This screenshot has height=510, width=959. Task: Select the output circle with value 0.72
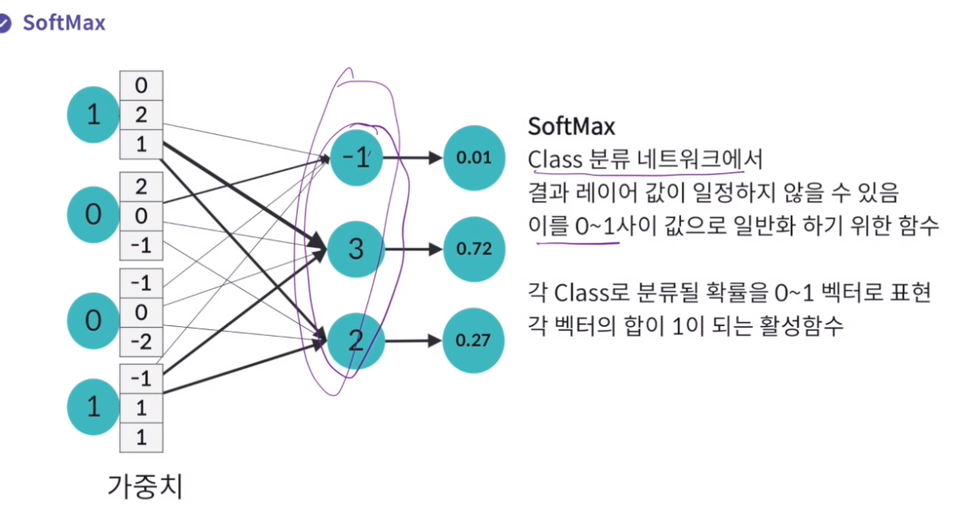(x=472, y=248)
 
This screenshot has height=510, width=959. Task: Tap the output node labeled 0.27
(x=472, y=340)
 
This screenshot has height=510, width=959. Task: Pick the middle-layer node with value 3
(x=355, y=248)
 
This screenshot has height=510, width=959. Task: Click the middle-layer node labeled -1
(x=356, y=158)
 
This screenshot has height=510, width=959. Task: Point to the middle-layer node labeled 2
(x=355, y=340)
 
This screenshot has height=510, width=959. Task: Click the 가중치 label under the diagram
(x=146, y=486)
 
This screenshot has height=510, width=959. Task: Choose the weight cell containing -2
(x=141, y=342)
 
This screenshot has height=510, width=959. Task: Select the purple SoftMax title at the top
(x=64, y=22)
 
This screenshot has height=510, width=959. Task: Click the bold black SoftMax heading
(x=571, y=127)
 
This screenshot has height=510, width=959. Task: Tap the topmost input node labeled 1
(x=93, y=115)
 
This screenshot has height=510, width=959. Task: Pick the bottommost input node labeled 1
(x=93, y=405)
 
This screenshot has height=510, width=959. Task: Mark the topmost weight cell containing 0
(x=141, y=85)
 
